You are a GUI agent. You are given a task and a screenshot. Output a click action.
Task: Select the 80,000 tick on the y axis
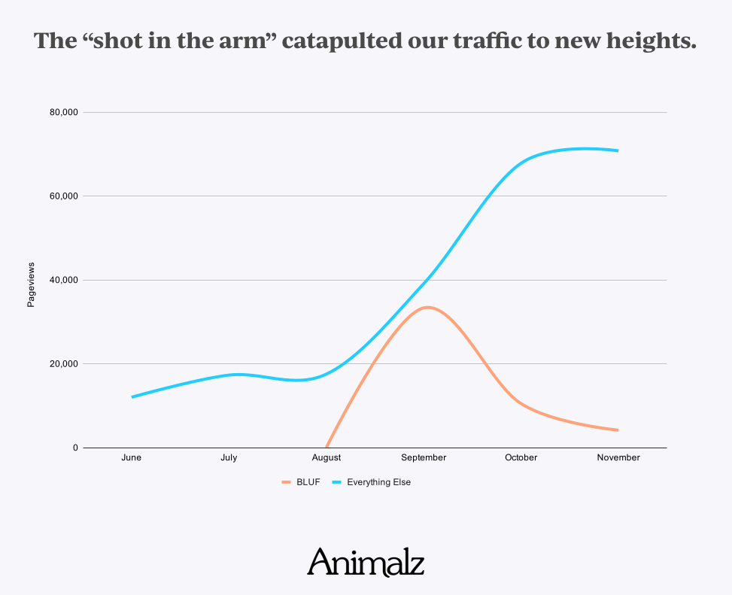point(63,113)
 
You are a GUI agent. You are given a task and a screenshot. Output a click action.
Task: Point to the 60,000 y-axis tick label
point(63,196)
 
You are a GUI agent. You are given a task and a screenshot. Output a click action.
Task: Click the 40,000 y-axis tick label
point(63,281)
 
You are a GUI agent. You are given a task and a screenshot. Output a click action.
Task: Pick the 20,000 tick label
point(63,364)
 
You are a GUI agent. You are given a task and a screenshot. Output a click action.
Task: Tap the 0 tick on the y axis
point(75,448)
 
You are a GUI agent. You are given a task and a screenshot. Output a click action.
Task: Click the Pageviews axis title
point(32,284)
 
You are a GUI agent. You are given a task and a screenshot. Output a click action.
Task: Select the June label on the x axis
point(131,457)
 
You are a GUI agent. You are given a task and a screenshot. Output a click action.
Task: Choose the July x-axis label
point(229,457)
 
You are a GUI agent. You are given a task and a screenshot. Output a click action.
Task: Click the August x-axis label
point(326,457)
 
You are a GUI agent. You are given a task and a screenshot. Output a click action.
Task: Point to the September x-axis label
point(424,457)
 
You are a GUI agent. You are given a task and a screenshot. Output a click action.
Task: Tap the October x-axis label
point(521,457)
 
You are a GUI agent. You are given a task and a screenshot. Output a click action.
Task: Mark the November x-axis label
point(618,457)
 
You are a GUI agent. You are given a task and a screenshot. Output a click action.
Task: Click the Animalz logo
point(366,562)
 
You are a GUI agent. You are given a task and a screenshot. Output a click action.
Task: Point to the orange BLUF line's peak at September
point(427,307)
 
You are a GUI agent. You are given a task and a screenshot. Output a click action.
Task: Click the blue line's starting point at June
point(132,396)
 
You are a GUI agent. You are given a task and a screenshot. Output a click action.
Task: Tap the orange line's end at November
point(618,430)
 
